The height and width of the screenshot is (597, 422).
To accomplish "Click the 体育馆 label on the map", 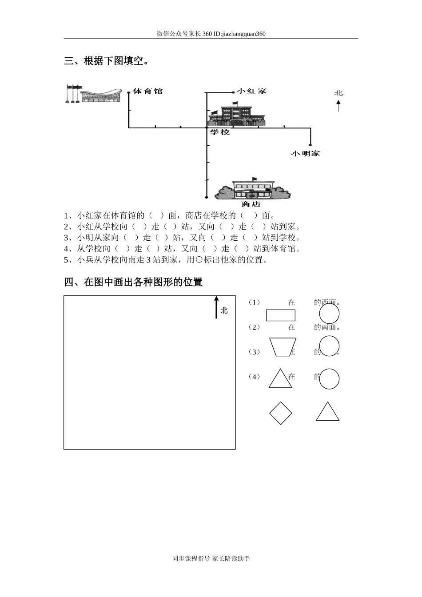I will tap(147, 91).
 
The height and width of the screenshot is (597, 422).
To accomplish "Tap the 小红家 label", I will tap(251, 91).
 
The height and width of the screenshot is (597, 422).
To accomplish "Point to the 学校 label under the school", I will tap(219, 132).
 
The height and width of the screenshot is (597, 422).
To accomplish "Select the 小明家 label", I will tap(305, 153).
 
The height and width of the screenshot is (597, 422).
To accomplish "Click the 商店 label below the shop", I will tap(251, 204).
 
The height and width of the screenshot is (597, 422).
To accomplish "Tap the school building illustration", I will tap(237, 115).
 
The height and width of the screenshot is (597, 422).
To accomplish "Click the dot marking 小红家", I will tap(234, 92).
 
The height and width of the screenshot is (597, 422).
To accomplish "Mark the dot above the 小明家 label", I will tap(310, 144).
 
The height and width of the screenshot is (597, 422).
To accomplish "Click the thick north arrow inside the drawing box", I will tap(216, 307).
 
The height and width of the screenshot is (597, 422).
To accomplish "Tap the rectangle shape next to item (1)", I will tap(280, 315).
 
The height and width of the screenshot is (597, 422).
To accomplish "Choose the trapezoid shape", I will tap(283, 347).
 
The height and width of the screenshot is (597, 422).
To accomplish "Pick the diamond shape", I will tap(280, 413).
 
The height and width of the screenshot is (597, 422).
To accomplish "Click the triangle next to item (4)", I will tap(280, 379).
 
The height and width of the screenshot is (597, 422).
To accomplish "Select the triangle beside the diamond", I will tap(327, 412).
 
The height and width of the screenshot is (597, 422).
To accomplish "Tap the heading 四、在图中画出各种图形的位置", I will tap(133, 282).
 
